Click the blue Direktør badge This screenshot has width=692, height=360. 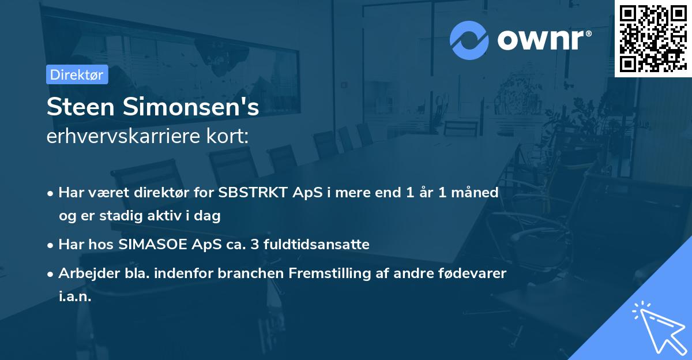pyautogui.click(x=77, y=74)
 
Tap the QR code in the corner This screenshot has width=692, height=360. pyautogui.click(x=652, y=39)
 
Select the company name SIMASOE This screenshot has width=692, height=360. pyautogui.click(x=153, y=244)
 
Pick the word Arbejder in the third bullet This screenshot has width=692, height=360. pyautogui.click(x=84, y=273)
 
